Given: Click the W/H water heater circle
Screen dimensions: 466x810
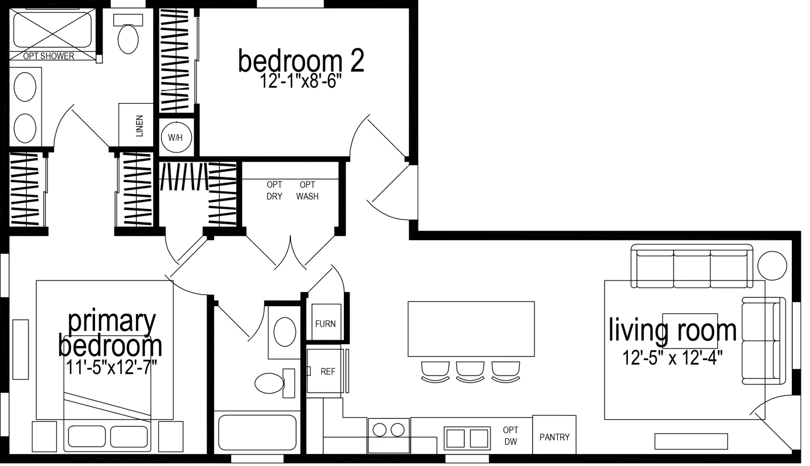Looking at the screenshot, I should coord(176,137).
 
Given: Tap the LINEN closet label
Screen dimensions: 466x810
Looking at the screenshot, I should coord(139,125).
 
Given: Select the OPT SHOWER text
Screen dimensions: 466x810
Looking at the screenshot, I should coord(48,56).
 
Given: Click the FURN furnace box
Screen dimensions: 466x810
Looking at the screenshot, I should coord(325,324).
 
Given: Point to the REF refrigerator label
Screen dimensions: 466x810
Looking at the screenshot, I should coord(328,372).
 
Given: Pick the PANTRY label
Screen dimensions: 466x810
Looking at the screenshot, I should coord(554,437).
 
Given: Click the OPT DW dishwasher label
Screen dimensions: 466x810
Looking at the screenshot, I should coord(510,436).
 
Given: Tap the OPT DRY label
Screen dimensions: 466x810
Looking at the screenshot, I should coord(274,191).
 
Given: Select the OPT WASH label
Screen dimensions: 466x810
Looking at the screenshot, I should coord(307,191).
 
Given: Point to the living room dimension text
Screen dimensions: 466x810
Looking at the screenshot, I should coord(673,358).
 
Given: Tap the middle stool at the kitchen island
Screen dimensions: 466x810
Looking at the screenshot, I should coord(470,370).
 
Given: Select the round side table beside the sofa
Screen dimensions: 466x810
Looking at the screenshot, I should coord(772,266).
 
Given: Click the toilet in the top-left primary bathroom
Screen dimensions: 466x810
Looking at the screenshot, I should coord(129,35).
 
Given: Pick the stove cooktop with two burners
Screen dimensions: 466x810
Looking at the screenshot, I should coord(389,428).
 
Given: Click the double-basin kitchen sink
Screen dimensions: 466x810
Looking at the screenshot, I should coord(467,438).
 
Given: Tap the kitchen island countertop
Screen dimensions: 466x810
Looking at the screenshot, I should coord(471,329).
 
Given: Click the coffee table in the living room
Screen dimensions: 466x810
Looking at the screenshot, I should coord(689,330).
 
